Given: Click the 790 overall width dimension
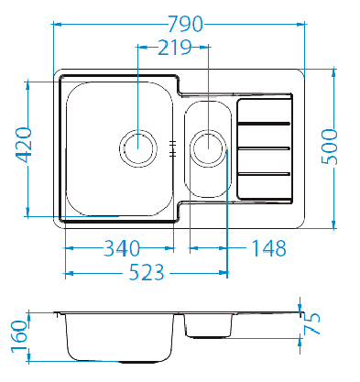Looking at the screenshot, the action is coord(186,24).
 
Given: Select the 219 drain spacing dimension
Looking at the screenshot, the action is coord(175,48).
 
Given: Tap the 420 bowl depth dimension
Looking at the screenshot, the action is coord(24,145).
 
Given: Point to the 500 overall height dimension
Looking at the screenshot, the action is coord(330,147).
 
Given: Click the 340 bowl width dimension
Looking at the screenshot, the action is coord(122,248).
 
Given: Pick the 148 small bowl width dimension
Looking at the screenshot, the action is coord(268,248).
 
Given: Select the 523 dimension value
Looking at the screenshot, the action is coord(147,272).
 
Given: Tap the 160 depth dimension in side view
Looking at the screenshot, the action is coord(19,336).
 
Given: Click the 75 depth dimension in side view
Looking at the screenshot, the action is coord(312,323).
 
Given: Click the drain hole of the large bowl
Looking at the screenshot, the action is coord(138,148).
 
